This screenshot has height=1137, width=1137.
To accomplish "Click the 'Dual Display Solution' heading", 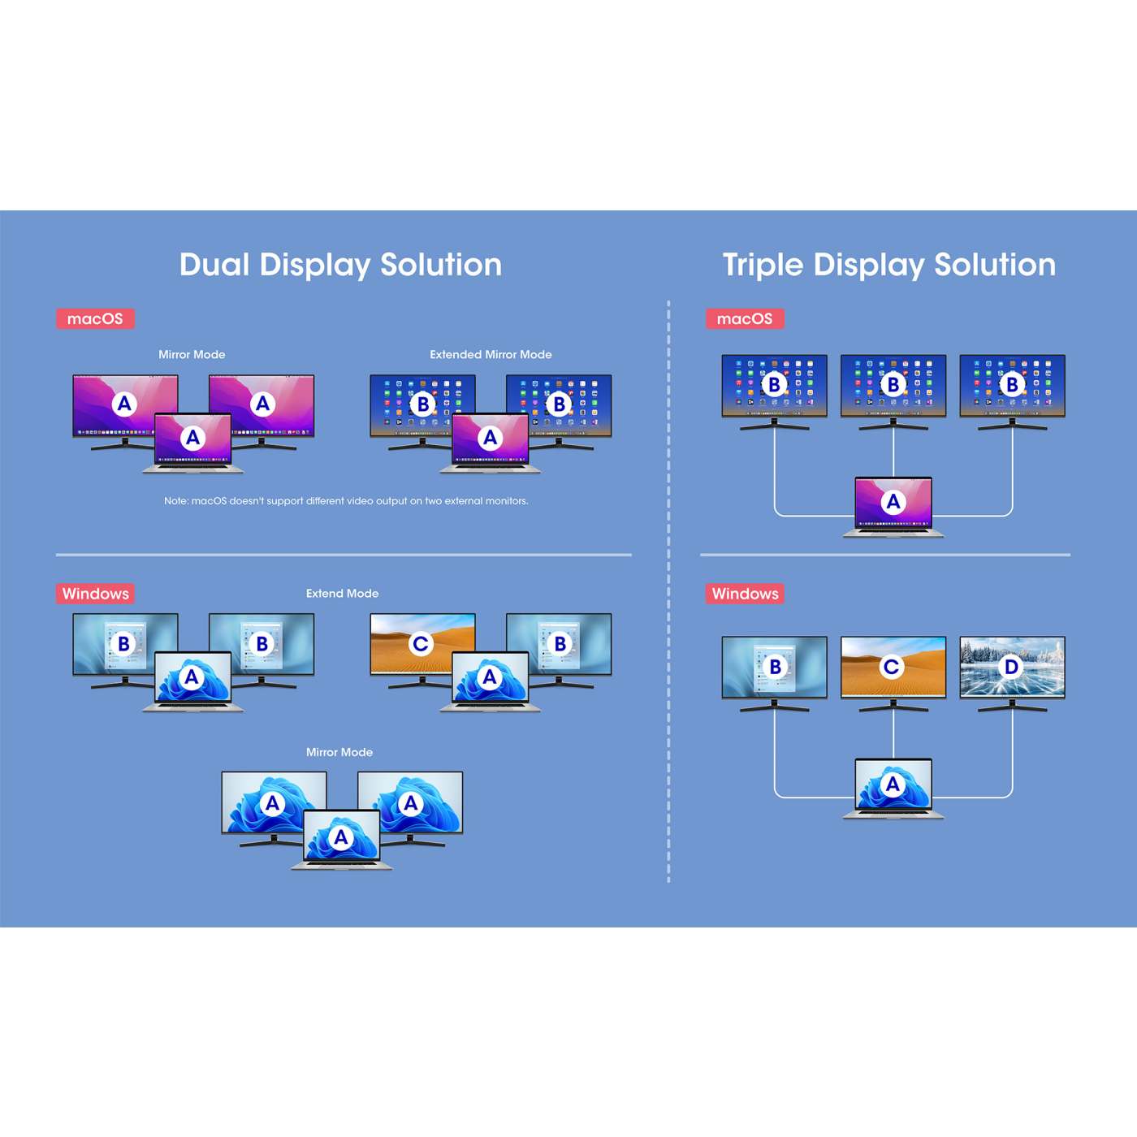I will pyautogui.click(x=340, y=265).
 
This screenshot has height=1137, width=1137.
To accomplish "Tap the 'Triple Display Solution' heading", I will pyautogui.click(x=888, y=265).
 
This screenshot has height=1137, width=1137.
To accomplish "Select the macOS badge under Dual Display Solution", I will pyautogui.click(x=95, y=318).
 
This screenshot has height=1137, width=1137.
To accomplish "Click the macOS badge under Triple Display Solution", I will pyautogui.click(x=745, y=318).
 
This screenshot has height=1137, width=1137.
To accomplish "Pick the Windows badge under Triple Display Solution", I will pyautogui.click(x=745, y=594).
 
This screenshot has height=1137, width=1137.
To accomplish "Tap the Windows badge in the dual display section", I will pyautogui.click(x=95, y=594).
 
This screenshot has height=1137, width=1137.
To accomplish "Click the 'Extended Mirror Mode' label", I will pyautogui.click(x=491, y=355).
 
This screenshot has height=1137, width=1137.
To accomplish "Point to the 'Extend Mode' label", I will pyautogui.click(x=342, y=594).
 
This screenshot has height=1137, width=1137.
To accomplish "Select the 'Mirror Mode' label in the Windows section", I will pyautogui.click(x=339, y=752).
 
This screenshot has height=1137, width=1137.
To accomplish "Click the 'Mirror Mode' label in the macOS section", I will pyautogui.click(x=192, y=355).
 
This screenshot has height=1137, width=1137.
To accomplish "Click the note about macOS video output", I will pyautogui.click(x=346, y=501).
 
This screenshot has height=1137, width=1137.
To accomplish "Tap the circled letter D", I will pyautogui.click(x=1011, y=667).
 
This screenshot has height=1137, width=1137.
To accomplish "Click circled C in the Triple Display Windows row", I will pyautogui.click(x=892, y=667).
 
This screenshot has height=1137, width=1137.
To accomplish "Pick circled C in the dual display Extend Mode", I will pyautogui.click(x=421, y=643).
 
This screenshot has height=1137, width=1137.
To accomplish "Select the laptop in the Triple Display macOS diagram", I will pyautogui.click(x=893, y=507).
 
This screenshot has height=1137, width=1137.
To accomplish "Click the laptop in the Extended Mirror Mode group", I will pyautogui.click(x=491, y=443).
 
